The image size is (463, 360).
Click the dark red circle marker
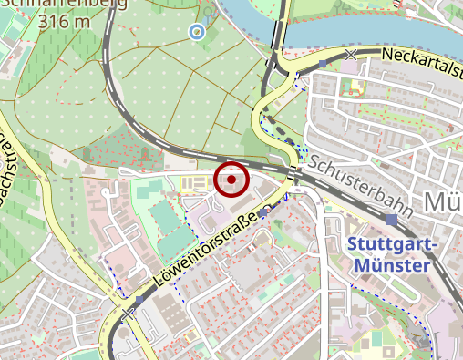tap(232, 180)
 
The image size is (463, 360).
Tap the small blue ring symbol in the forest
tap(196, 32)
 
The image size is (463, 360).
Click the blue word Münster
tap(388, 265)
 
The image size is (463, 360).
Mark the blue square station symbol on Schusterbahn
tap(391, 220)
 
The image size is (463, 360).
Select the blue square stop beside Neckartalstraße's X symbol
tap(324, 64)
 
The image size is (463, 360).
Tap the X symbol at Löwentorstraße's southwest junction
tap(127, 314)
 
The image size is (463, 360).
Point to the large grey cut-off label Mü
tap(444, 201)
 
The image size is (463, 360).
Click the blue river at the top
tap(365, 23)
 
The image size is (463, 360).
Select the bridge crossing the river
tap(279, 27)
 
